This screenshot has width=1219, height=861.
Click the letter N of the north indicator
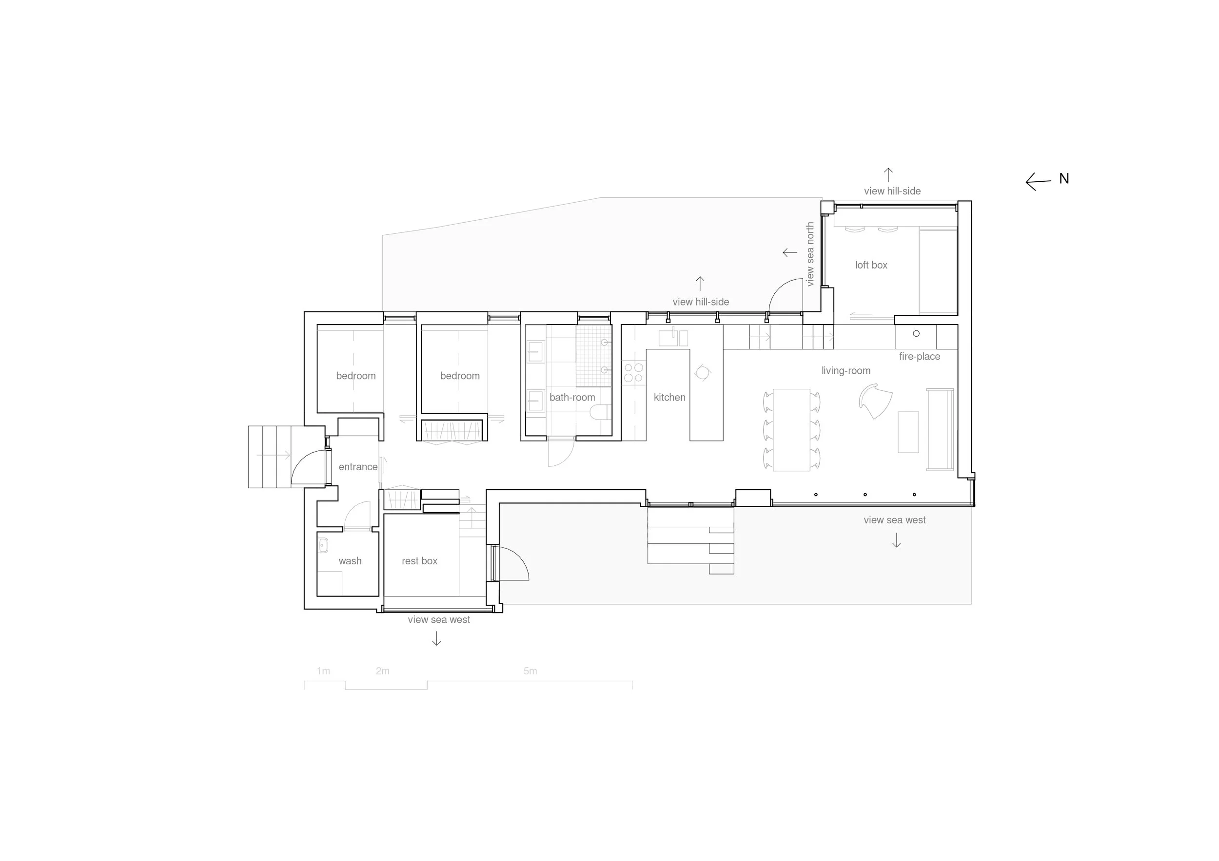(x=1063, y=179)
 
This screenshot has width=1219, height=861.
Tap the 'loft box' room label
(x=871, y=265)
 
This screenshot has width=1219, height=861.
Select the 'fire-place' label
(x=920, y=357)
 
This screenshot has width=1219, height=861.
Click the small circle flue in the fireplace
(x=916, y=334)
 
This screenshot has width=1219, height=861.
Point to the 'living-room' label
(x=846, y=371)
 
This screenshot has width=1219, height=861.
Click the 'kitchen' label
(x=669, y=397)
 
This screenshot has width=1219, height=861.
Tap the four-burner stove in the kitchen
(x=633, y=372)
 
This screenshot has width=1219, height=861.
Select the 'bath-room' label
(x=572, y=397)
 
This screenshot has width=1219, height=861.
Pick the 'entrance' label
(x=358, y=467)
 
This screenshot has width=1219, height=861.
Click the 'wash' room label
(x=350, y=561)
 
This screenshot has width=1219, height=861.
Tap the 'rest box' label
(x=419, y=561)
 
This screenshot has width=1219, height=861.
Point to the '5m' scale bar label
(x=530, y=671)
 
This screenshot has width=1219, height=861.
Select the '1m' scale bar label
(x=323, y=671)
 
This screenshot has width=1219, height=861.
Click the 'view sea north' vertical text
(x=809, y=254)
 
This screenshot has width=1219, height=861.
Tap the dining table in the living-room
(x=791, y=430)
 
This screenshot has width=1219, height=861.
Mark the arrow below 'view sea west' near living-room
(x=896, y=540)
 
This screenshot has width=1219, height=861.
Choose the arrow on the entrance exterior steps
(x=274, y=455)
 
